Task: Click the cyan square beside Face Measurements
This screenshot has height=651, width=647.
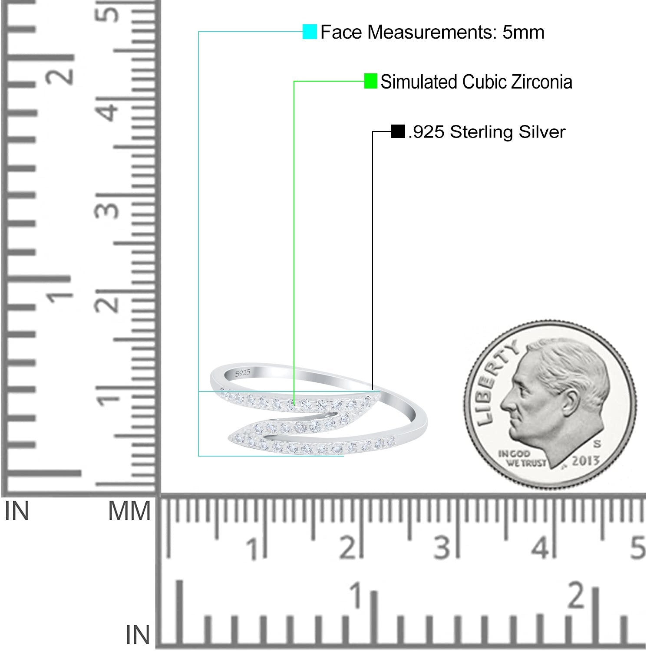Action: (310, 32)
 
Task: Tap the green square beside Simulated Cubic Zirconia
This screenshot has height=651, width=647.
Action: (370, 81)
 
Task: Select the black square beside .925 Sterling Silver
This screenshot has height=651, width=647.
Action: (398, 132)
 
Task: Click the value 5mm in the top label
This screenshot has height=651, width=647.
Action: (523, 32)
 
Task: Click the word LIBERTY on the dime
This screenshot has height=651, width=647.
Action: (495, 382)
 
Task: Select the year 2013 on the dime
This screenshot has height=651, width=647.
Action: (585, 460)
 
